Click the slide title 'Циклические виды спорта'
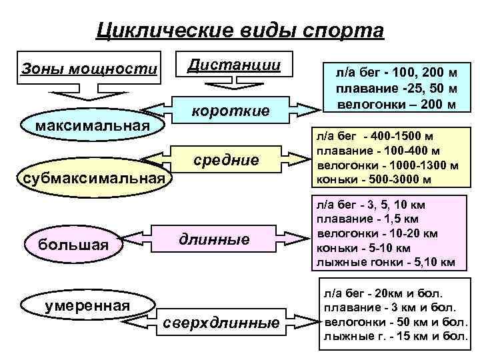(240, 30)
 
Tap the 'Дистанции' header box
(233, 65)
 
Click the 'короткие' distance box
(231, 111)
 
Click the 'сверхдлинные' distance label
(221, 324)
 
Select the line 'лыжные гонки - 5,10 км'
(385, 262)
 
